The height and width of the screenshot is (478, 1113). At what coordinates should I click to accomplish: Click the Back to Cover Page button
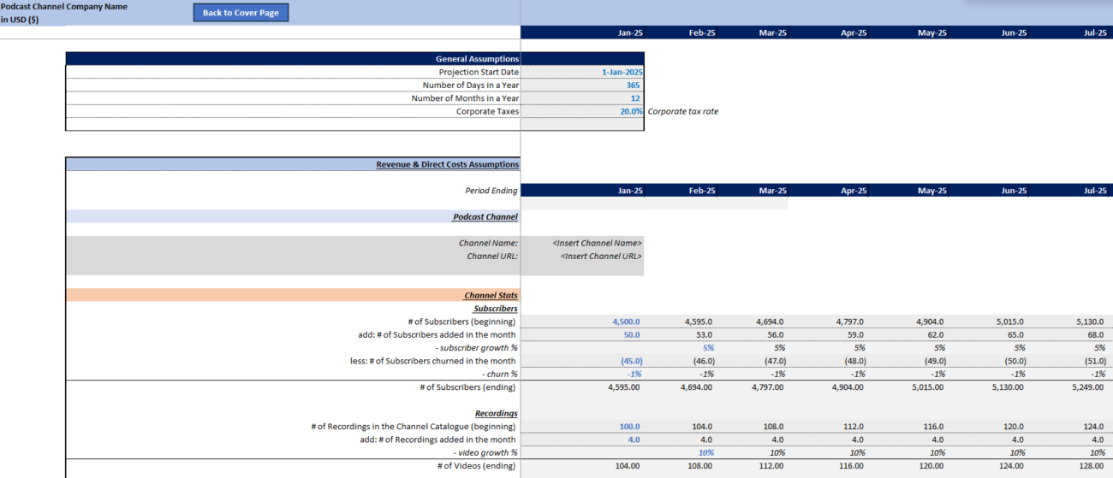(x=241, y=13)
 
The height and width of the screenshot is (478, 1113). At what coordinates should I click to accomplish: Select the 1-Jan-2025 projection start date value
(x=622, y=72)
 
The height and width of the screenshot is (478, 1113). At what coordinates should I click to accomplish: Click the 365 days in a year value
(x=633, y=85)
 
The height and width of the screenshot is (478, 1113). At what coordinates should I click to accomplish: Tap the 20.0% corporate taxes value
(x=631, y=111)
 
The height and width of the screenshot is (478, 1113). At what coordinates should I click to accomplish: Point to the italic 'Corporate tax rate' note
(x=682, y=111)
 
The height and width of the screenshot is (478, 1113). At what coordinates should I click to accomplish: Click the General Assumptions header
(x=477, y=58)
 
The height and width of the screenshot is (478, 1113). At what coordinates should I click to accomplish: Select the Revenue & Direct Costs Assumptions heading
(x=447, y=164)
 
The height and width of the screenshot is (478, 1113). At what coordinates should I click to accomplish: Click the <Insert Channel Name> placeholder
(x=597, y=243)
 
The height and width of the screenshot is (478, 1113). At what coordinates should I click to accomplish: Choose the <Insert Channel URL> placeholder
(x=601, y=257)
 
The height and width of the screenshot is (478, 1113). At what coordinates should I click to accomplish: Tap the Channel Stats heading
(x=491, y=295)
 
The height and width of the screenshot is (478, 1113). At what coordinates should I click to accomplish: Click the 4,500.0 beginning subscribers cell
(x=626, y=322)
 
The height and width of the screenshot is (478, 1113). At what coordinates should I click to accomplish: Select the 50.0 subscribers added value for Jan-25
(x=632, y=334)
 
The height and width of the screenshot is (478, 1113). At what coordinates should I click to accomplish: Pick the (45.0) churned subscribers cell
(x=632, y=361)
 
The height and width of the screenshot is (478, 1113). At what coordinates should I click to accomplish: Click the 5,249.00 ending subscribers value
(x=1087, y=387)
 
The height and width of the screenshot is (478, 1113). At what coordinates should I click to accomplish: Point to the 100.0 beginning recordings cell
(x=629, y=427)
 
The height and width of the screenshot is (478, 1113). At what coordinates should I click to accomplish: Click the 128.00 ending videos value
(x=1091, y=465)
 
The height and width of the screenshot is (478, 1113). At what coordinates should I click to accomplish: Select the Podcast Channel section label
(x=485, y=216)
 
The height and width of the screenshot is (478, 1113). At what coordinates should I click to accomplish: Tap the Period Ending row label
(x=491, y=191)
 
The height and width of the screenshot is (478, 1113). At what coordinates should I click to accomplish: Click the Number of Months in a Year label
(x=465, y=98)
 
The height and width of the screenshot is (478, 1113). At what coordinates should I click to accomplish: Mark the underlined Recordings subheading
(x=496, y=413)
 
